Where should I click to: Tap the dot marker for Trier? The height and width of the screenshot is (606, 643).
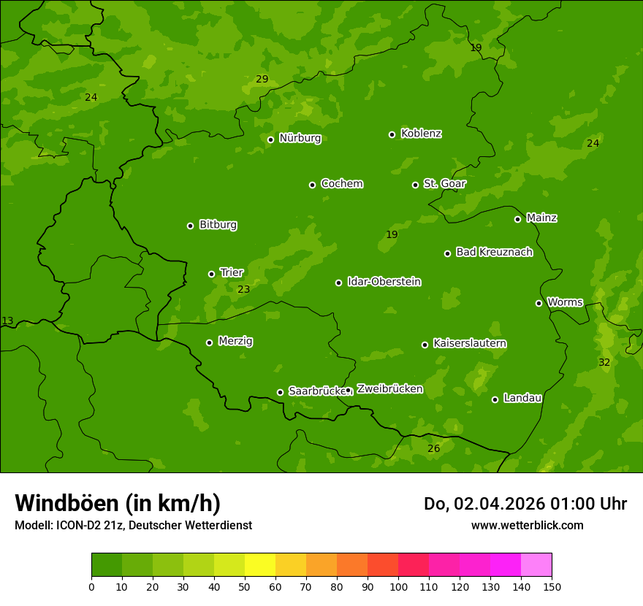[x=212, y=274]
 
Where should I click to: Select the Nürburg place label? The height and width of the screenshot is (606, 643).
[x=300, y=138]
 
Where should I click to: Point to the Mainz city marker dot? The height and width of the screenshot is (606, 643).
[x=517, y=219]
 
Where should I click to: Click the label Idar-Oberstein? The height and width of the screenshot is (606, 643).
[x=384, y=282]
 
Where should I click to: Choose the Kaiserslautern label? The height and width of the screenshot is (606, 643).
[x=470, y=343]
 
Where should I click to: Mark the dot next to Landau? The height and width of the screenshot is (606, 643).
[x=495, y=399]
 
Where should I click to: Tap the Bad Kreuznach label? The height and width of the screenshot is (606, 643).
[x=494, y=252]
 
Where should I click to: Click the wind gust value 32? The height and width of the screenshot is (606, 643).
[x=604, y=363]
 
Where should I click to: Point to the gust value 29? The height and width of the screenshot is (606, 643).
[x=262, y=80]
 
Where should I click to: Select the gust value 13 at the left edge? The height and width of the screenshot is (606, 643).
[x=7, y=321]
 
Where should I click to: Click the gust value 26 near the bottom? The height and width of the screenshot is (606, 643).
[x=433, y=448]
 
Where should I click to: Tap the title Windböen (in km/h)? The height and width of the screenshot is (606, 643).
[x=118, y=503]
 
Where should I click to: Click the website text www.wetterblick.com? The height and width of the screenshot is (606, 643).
[x=527, y=525]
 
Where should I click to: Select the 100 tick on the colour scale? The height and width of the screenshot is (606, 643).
[x=398, y=586]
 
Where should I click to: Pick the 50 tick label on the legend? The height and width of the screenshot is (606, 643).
[x=245, y=586]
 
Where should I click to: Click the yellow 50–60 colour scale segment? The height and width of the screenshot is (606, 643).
[x=260, y=565]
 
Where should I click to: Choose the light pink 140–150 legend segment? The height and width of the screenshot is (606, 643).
[x=536, y=565]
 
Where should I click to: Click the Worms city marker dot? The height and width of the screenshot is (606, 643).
[x=539, y=303]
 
